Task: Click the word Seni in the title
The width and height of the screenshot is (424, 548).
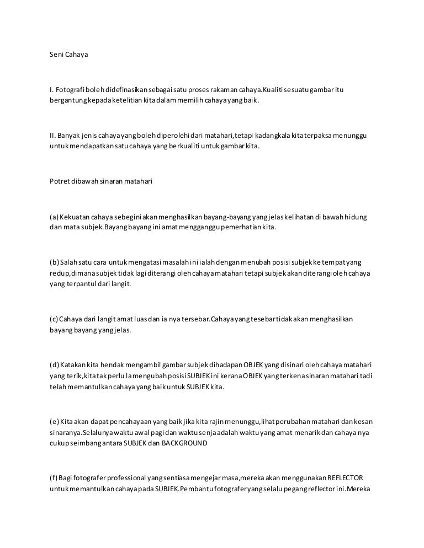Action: tap(56, 55)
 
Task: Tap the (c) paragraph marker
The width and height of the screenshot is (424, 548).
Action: tap(54, 319)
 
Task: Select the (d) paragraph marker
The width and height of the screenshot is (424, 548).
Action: tap(54, 364)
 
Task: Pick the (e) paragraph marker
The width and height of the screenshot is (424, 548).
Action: tap(54, 422)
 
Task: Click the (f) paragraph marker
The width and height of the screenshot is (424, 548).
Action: tap(54, 477)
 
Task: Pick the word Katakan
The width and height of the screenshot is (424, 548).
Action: tap(74, 364)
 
